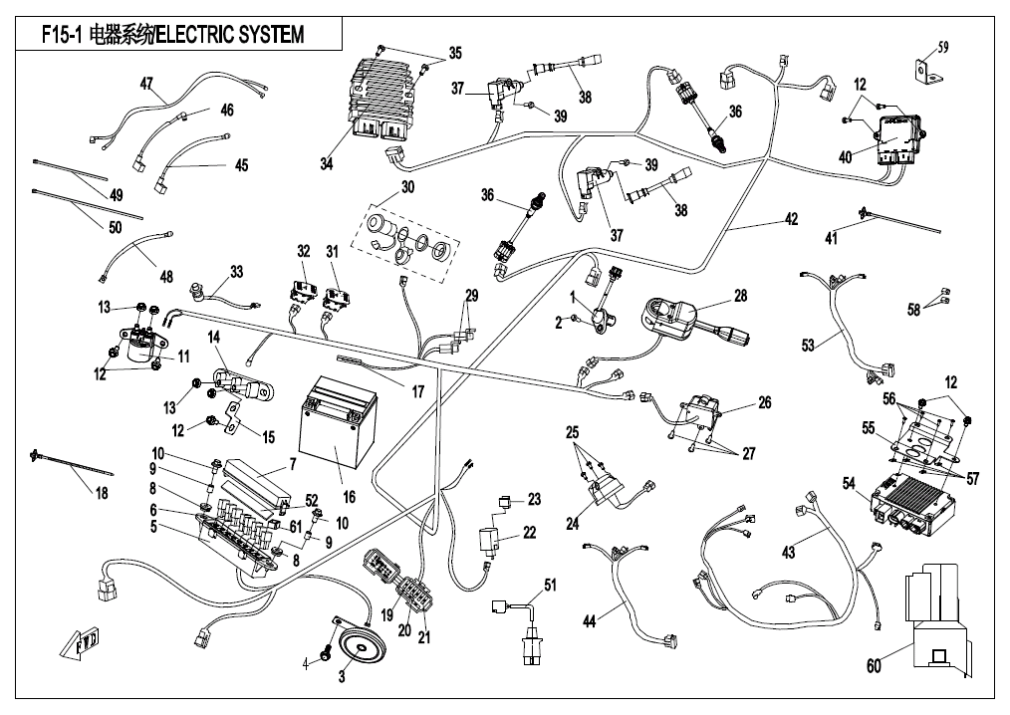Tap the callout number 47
coord(146,84)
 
